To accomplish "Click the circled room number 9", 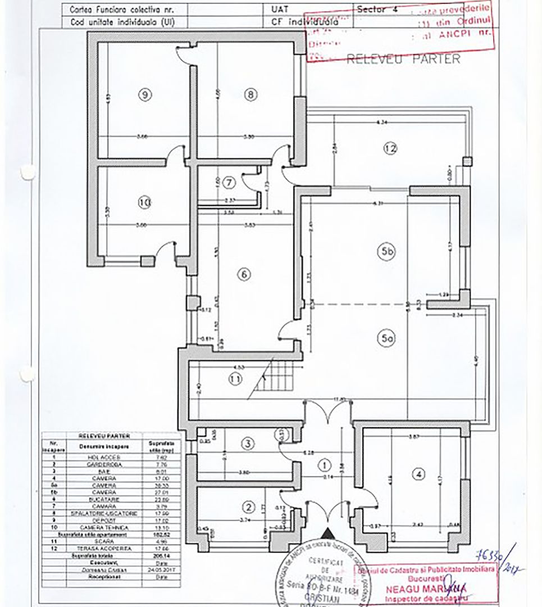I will click(145, 95).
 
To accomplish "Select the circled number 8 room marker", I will click(250, 95).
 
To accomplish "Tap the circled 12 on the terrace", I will click(390, 148).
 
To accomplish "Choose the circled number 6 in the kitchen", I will click(244, 275).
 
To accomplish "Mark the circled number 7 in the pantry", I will click(228, 182).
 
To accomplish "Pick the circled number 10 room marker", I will click(144, 202).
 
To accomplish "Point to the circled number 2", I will click(248, 507).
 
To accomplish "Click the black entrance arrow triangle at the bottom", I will click(327, 537).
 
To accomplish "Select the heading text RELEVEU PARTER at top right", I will click(403, 59).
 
